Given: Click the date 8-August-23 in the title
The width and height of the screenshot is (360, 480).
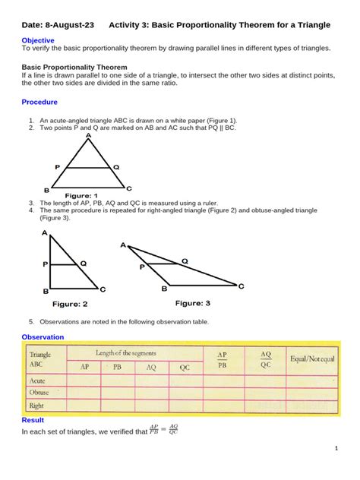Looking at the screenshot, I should (71, 25).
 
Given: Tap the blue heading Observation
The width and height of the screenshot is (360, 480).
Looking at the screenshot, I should (43, 336).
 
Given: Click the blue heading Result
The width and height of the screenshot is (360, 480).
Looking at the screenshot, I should (33, 420).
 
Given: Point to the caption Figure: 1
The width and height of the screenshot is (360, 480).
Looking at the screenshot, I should (81, 195).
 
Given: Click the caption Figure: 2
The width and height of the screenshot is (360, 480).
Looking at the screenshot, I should (70, 304).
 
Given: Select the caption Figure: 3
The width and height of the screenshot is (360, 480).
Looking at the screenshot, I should (193, 303).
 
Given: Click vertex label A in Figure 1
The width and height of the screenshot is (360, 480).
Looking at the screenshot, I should (88, 135).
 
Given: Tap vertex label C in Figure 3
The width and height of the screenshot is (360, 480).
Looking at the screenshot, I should (242, 286).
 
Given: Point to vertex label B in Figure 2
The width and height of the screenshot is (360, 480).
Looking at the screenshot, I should (46, 290).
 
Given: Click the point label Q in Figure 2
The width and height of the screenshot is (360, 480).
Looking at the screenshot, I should (83, 263).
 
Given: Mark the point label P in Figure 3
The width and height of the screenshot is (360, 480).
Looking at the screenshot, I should (141, 267).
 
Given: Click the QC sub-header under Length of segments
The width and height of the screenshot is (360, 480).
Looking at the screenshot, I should (185, 367).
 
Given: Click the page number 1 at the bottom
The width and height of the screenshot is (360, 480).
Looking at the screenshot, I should (336, 449).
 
